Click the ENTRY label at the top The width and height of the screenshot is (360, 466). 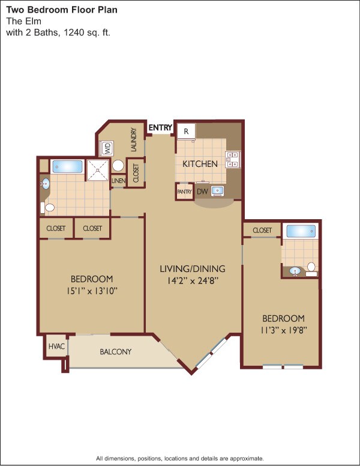click(x=160, y=127)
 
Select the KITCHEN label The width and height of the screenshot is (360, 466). click(x=200, y=163)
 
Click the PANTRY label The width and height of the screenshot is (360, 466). click(x=185, y=192)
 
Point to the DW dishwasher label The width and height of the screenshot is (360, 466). click(x=202, y=192)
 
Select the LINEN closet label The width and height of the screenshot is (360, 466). click(x=118, y=181)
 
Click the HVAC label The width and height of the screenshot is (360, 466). click(x=55, y=346)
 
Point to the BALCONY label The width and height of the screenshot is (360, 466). click(x=115, y=351)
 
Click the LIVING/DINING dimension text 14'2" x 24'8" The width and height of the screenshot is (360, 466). click(x=192, y=279)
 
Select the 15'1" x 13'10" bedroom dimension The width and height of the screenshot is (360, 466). click(x=92, y=291)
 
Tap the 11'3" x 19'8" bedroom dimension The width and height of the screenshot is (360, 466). click(x=283, y=330)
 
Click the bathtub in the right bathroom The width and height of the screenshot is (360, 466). click(x=299, y=231)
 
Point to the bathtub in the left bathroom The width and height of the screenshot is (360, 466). click(x=67, y=166)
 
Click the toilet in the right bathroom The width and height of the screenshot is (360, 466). click(x=311, y=268)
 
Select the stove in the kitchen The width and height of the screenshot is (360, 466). click(x=232, y=159)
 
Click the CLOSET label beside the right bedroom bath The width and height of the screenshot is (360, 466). click(x=262, y=231)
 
